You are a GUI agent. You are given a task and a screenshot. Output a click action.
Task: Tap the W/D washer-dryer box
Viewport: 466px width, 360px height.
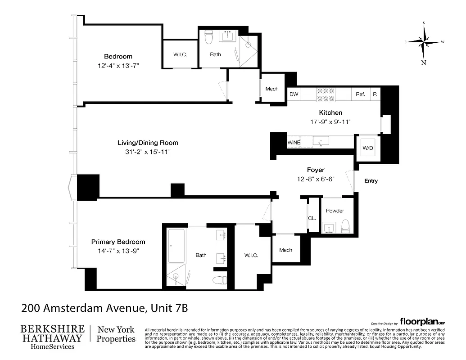tap(368, 148)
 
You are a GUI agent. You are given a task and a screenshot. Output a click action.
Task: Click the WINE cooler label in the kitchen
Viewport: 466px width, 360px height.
tap(294, 143)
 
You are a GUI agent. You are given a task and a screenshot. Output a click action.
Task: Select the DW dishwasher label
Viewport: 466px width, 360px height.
tap(294, 94)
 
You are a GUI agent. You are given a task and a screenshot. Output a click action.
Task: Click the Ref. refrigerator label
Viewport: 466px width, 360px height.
tap(360, 94)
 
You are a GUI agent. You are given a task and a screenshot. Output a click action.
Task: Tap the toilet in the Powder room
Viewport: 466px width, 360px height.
tap(345, 225)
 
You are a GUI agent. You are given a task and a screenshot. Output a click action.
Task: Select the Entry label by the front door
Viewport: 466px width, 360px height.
tap(371, 181)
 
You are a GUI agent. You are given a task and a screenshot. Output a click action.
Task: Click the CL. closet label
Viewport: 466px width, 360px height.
tap(312, 218)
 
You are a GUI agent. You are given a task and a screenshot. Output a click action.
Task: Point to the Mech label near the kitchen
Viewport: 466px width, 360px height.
tap(272, 89)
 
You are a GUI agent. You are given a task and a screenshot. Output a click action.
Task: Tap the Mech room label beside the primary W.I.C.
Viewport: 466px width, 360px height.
tap(285, 250)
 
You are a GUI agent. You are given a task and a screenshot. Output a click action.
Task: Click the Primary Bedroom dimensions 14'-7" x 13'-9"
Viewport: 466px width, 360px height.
tap(118, 251)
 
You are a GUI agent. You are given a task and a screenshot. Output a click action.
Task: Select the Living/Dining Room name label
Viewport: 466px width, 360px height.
tap(145, 143)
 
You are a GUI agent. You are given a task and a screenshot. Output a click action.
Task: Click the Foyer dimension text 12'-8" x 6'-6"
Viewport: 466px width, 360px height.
tap(316, 179)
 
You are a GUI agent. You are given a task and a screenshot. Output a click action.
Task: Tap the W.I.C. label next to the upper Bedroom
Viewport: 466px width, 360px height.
tap(180, 54)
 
